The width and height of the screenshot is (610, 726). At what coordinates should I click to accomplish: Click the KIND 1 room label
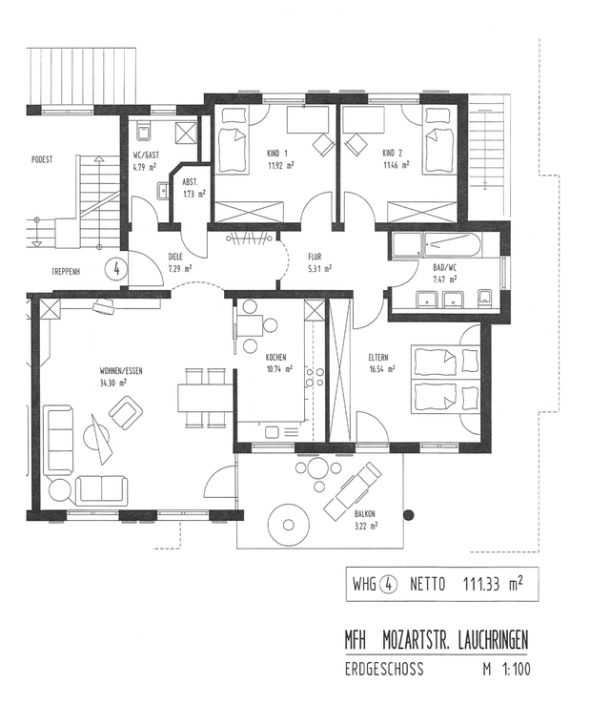(x=277, y=154)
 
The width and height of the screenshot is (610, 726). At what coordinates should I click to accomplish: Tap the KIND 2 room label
(x=393, y=154)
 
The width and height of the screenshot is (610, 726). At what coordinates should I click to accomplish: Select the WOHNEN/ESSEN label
(x=121, y=371)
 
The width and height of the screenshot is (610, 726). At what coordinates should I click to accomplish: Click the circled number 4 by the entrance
(x=116, y=268)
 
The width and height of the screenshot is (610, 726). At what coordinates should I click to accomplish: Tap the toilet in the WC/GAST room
(x=143, y=130)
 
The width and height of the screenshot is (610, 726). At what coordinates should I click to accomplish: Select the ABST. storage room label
(x=190, y=182)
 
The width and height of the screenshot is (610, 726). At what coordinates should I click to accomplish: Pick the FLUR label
(x=315, y=257)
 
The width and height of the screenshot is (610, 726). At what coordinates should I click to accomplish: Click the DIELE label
(x=175, y=257)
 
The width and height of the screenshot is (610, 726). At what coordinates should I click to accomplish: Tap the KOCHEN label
(x=275, y=358)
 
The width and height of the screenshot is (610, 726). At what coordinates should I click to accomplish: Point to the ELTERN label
(x=378, y=358)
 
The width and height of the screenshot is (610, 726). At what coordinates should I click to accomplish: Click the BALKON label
(x=365, y=513)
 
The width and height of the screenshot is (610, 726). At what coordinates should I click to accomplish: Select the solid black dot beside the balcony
(x=408, y=515)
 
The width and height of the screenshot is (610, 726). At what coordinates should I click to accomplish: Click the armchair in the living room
(x=125, y=412)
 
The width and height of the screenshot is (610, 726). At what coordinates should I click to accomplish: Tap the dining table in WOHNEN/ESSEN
(x=205, y=398)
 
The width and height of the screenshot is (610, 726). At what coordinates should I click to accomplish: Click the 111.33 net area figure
(x=481, y=584)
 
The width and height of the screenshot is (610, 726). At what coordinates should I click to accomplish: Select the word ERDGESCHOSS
(x=384, y=669)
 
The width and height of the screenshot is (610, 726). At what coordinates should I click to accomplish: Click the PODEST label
(x=42, y=159)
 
